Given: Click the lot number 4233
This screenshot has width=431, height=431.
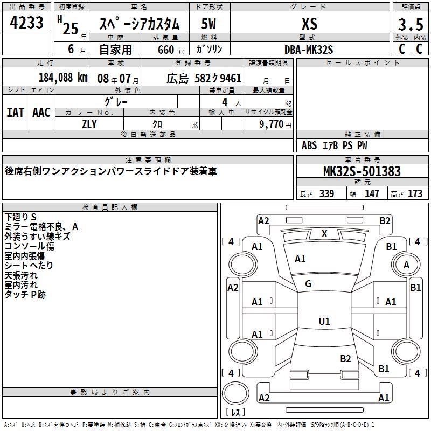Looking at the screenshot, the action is [x=27, y=24].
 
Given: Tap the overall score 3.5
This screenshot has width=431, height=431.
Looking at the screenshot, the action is [x=410, y=25].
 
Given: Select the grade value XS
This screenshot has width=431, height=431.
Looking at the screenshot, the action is [x=309, y=24].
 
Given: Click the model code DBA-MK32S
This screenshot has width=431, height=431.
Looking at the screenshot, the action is [x=309, y=49].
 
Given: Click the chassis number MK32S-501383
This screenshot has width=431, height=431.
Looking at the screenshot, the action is [x=362, y=171].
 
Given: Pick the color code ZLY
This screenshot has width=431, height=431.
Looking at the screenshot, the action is [x=89, y=123].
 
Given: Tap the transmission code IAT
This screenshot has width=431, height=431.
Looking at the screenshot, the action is [x=15, y=112].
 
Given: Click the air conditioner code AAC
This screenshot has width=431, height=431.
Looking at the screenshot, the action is [x=41, y=112].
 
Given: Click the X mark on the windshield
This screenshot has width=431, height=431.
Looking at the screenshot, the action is [x=324, y=234].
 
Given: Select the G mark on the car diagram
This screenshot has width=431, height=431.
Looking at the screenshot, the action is [x=308, y=284].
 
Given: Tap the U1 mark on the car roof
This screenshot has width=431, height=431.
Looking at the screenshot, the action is [x=324, y=322].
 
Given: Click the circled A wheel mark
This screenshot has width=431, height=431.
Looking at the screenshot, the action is [x=406, y=265].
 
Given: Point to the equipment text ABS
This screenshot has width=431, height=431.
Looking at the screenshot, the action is [x=309, y=145].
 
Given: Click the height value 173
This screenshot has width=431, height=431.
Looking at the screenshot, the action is [x=415, y=194].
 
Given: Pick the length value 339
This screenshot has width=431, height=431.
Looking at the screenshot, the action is [x=326, y=194].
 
